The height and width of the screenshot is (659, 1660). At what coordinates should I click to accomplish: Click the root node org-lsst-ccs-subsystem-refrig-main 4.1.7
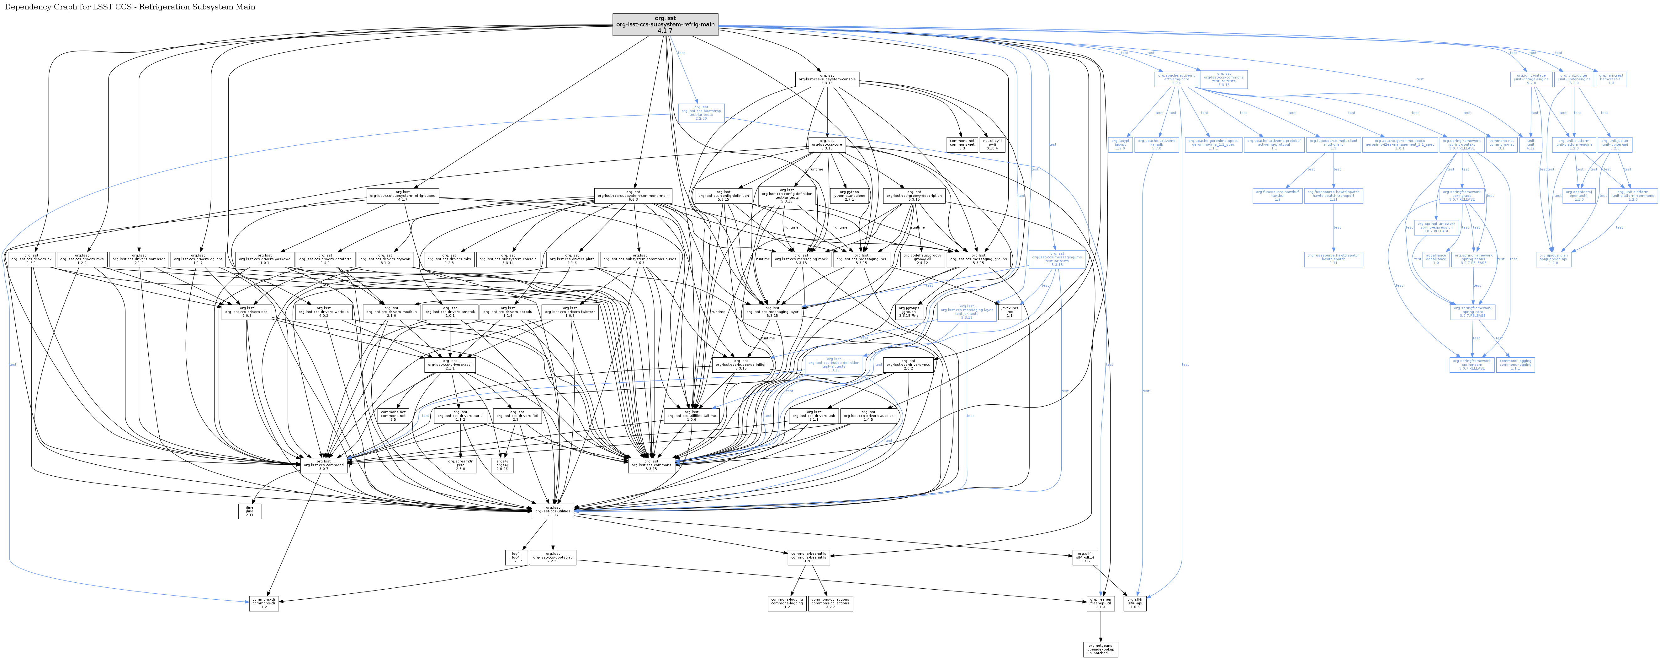665,24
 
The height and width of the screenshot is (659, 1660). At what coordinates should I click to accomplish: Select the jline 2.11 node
249,511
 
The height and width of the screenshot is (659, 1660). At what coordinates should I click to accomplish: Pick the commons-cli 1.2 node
263,603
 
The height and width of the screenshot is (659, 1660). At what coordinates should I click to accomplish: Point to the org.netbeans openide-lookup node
1100,649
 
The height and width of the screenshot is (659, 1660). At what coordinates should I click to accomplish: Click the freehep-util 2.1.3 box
1100,603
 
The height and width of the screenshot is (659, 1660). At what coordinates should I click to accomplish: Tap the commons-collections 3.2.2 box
831,603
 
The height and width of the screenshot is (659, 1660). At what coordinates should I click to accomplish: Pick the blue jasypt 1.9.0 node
1121,144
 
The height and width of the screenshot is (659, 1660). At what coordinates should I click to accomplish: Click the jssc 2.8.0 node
460,465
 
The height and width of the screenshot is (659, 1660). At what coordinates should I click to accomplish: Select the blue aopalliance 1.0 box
1436,259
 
